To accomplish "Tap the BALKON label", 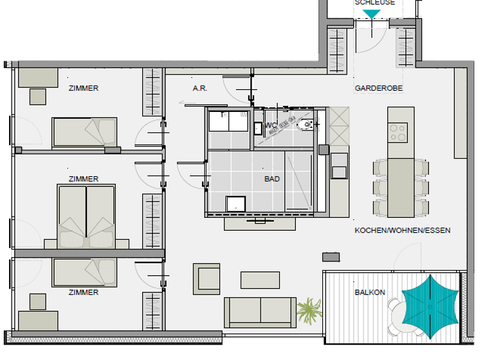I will (x=370, y=292).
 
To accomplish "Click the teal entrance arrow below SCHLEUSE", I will (x=372, y=14).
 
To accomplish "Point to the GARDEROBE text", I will (x=379, y=88).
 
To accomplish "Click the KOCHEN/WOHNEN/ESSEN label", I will (x=402, y=230).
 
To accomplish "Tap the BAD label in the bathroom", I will (x=272, y=179).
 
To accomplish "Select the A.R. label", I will (x=200, y=88).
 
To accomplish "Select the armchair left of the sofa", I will (x=207, y=278).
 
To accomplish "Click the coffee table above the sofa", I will (x=260, y=280).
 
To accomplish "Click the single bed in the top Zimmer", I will (x=84, y=132).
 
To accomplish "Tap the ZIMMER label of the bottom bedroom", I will (x=84, y=292).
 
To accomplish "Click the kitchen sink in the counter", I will (x=339, y=165).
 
